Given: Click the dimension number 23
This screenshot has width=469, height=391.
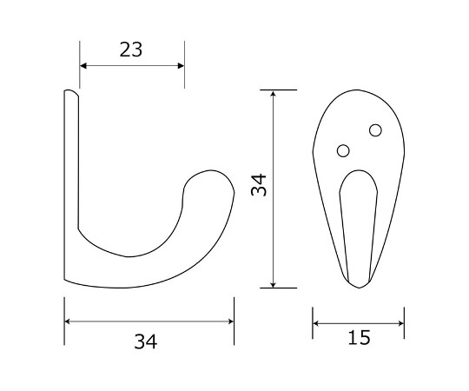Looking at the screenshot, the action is point(130,50).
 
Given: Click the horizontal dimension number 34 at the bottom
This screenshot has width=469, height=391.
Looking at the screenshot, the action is point(145,341).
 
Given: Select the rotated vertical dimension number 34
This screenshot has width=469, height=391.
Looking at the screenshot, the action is point(259,184).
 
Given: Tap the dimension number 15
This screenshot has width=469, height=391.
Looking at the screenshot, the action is point(359,337).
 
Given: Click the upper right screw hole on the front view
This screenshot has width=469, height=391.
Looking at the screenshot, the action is point(375,130).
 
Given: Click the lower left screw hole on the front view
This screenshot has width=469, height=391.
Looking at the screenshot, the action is point(343,150).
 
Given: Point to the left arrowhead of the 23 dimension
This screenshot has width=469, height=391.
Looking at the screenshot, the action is point(83,65).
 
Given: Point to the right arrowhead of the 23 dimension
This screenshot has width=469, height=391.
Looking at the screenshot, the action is point(181,65).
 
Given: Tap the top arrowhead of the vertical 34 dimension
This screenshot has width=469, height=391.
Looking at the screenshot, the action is point(273,93).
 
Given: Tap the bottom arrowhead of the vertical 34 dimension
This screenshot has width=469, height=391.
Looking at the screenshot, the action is point(273,284).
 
